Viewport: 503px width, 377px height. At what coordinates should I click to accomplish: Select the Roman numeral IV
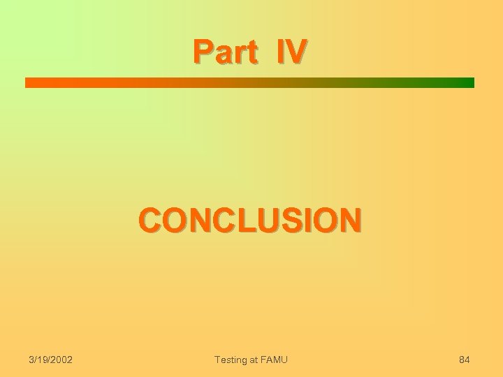290,51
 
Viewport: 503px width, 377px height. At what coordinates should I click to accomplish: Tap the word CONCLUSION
251,219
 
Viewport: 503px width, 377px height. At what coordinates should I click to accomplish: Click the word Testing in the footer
231,359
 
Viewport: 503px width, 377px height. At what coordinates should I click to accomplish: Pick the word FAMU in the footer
274,359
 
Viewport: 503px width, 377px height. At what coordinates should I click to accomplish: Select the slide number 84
463,359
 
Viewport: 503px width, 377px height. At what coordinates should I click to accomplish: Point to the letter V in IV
296,51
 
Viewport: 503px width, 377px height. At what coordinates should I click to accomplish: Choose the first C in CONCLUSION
150,219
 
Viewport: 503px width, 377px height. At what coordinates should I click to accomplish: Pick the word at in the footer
255,359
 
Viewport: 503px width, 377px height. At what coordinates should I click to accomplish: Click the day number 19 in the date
42,359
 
